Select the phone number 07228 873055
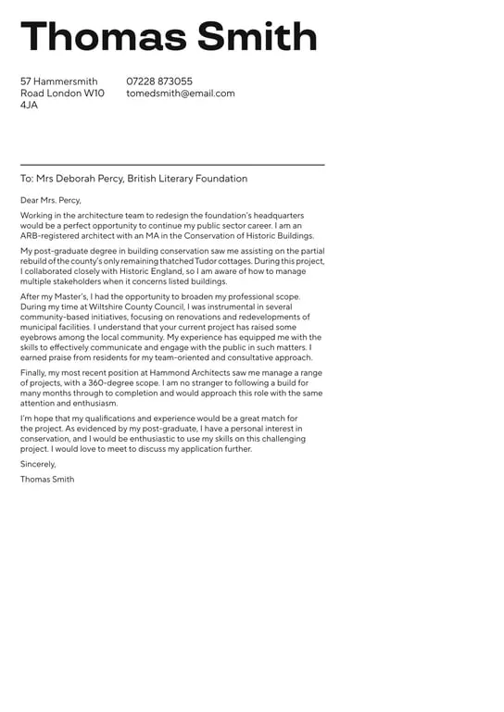point(159,81)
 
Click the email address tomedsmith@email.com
point(181,94)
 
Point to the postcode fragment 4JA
point(30,106)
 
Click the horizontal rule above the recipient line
point(172,165)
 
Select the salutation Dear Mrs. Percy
point(51,200)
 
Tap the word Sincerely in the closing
point(38,464)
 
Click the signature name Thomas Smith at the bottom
point(47,480)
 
